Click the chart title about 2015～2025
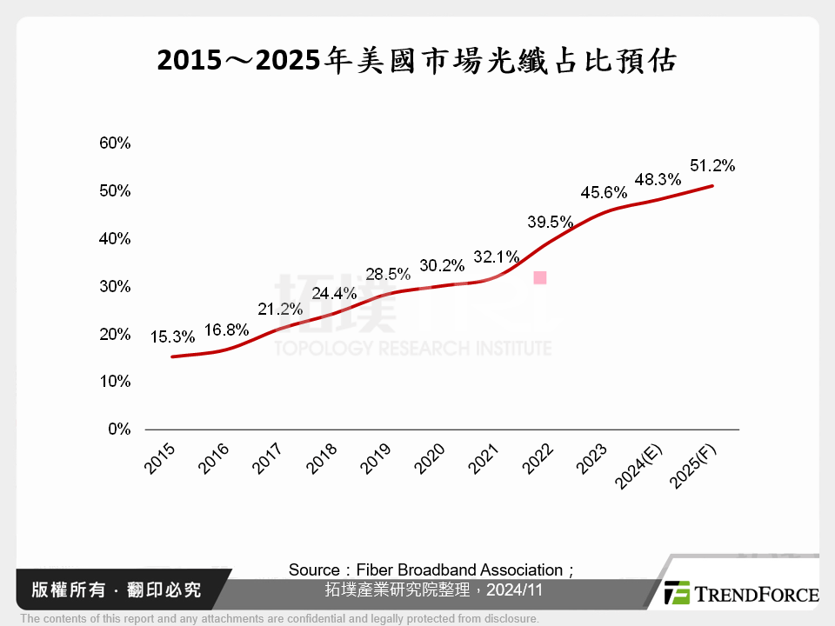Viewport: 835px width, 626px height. pos(417,62)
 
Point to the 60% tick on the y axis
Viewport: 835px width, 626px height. pos(114,143)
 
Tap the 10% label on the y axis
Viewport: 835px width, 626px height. pos(114,382)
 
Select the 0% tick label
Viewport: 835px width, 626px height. pos(118,430)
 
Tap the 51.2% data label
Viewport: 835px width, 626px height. pos(712,165)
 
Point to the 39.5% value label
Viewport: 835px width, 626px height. pos(550,222)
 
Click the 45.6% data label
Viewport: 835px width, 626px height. pos(605,191)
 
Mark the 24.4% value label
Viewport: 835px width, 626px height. pos(334,293)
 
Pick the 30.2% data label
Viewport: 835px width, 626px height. pos(442,265)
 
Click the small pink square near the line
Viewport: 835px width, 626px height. pos(540,277)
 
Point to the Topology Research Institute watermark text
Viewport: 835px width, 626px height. pos(412,348)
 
